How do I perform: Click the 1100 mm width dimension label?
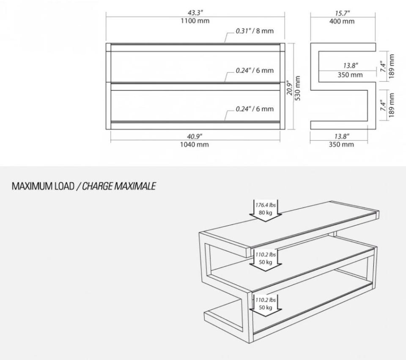coord(195,21)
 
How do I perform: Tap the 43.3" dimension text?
coord(195,13)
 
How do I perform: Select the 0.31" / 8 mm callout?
coord(255,31)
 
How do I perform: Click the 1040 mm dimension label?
coord(195,145)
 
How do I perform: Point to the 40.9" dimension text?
coord(195,136)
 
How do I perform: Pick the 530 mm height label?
coord(297,88)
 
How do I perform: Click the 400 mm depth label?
coord(342,21)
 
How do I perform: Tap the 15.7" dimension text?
coord(342,13)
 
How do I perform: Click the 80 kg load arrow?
coord(266,210)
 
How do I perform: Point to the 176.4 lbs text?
coord(266,205)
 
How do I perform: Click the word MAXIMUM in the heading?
coord(33,186)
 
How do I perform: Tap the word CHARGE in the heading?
coord(97,186)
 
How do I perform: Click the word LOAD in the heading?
coord(64,186)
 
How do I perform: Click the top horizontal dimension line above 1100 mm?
coord(195,17)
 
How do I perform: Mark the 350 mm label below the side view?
coord(341,145)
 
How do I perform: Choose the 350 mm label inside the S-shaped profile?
coord(350,75)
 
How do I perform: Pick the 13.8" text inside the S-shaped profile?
coord(351,65)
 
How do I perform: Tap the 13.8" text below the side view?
coord(342,136)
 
